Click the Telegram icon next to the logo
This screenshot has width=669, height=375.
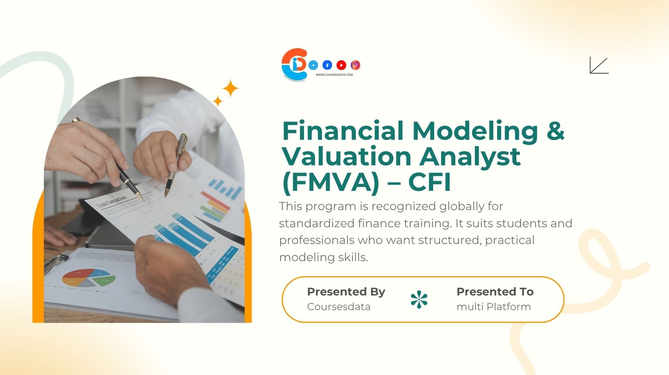click(313, 65)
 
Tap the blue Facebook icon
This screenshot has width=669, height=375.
click(327, 65)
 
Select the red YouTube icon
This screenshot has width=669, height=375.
click(341, 65)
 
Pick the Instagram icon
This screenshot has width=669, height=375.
click(355, 65)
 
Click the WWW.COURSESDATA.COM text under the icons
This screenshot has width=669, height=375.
click(334, 75)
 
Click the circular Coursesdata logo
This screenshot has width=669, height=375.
click(294, 64)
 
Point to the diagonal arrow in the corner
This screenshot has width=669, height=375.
click(599, 65)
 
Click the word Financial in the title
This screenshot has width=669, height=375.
click(343, 131)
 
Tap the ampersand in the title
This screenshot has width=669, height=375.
click(555, 131)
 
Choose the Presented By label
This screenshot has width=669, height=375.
click(346, 292)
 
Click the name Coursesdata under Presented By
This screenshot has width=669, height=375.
click(339, 307)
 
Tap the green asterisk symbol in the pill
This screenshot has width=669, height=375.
click(419, 300)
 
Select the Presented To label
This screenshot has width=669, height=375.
click(495, 292)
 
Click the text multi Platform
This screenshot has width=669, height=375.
click(493, 307)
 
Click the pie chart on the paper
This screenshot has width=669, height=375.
click(89, 277)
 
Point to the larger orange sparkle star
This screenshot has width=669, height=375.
click(230, 88)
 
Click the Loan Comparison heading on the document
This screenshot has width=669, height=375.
click(112, 202)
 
